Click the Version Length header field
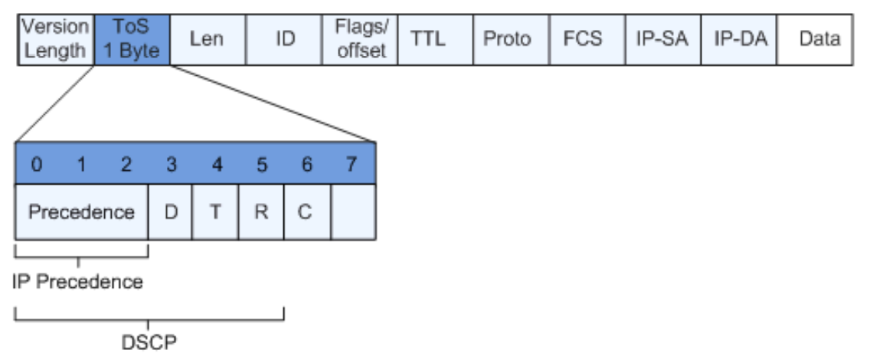54,38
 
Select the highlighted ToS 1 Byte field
131,38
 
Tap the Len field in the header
207,38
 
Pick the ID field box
285,38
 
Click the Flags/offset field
361,38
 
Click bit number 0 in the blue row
37,165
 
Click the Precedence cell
81,211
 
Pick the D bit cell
170,211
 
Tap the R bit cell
260,211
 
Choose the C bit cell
305,211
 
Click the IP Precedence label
78,281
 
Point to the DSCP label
149,342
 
